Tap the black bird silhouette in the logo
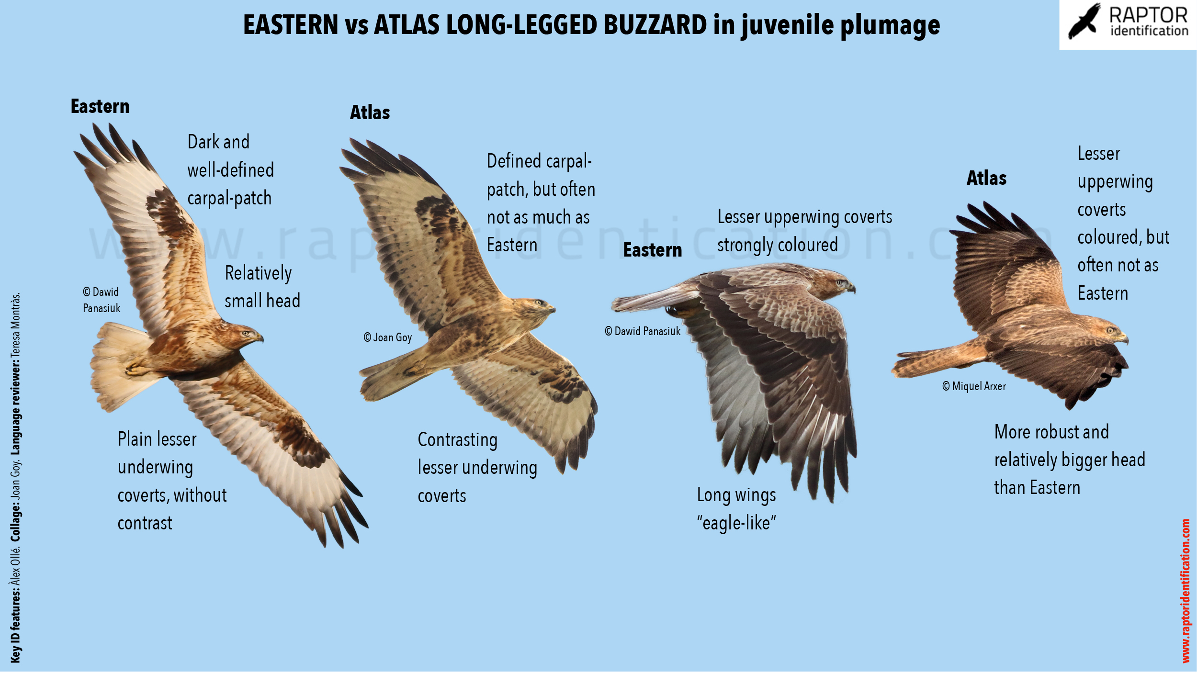click(x=1084, y=21)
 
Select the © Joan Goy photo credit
click(x=387, y=337)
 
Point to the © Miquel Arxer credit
click(x=974, y=386)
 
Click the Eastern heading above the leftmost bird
click(x=100, y=106)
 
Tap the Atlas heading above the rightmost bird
click(x=986, y=178)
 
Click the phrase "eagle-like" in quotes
click(x=736, y=523)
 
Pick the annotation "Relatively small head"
click(x=262, y=287)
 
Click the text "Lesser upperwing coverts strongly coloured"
click(x=804, y=231)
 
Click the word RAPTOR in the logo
click(x=1148, y=15)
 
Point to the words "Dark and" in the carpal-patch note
click(x=218, y=142)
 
